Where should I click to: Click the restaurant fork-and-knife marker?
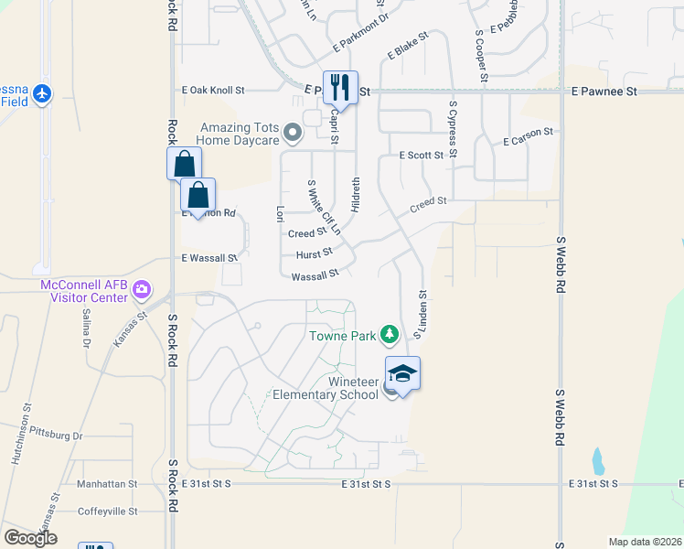340,88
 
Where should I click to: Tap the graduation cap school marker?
402,373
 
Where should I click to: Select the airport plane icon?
42,93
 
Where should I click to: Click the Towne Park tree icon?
390,335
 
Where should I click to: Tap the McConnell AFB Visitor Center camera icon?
142,291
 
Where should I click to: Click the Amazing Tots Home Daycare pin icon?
293,135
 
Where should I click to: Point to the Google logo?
31,538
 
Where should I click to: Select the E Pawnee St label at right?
604,91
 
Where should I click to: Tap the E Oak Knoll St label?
214,91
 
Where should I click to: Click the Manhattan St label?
107,484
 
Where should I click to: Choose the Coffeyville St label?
107,511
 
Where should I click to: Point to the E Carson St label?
528,136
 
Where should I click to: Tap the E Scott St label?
421,156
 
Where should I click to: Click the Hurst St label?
314,253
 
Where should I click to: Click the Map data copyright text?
646,542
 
